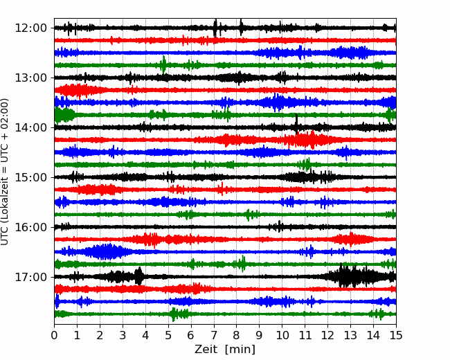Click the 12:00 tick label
click(30, 28)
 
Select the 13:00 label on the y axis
click(30, 78)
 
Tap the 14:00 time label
click(30, 127)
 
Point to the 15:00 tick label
click(30, 177)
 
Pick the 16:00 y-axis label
click(30, 227)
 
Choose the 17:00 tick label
click(30, 277)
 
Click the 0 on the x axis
click(54, 335)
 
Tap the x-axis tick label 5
click(168, 335)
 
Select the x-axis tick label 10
click(282, 335)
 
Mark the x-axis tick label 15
click(396, 335)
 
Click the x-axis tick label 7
click(214, 335)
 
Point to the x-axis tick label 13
click(350, 335)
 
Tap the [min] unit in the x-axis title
click(240, 350)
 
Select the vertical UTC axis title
click(5, 172)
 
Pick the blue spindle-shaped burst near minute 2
click(106, 252)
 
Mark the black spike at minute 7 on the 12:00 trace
click(215, 28)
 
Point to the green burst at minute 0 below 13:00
click(64, 115)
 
